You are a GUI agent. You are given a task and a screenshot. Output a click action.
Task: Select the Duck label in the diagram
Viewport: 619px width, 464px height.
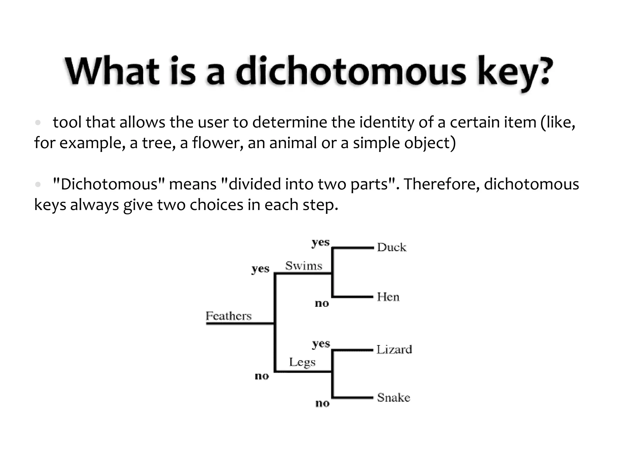pyautogui.click(x=392, y=247)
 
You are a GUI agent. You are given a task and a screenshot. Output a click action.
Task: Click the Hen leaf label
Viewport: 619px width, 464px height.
pyautogui.click(x=388, y=297)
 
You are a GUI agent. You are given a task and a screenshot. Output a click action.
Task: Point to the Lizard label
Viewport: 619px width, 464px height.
pyautogui.click(x=394, y=350)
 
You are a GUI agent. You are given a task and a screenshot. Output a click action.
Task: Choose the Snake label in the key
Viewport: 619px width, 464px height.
pyautogui.click(x=394, y=398)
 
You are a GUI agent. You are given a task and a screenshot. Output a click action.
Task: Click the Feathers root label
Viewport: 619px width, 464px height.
pyautogui.click(x=228, y=316)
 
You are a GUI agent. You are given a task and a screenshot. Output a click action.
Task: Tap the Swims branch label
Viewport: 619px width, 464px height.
pyautogui.click(x=304, y=266)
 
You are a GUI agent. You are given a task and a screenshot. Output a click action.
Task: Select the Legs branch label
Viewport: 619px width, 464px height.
pyautogui.click(x=302, y=362)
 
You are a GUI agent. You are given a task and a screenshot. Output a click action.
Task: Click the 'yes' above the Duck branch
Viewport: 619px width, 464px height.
pyautogui.click(x=321, y=242)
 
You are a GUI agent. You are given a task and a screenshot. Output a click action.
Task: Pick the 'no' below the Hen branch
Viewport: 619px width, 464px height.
pyautogui.click(x=322, y=303)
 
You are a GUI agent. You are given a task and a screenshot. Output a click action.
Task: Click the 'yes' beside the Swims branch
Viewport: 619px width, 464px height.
pyautogui.click(x=260, y=269)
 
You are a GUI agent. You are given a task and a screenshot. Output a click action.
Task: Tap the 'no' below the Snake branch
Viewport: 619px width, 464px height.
pyautogui.click(x=322, y=403)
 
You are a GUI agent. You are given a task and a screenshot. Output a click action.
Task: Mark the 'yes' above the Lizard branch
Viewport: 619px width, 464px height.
pyautogui.click(x=321, y=344)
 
